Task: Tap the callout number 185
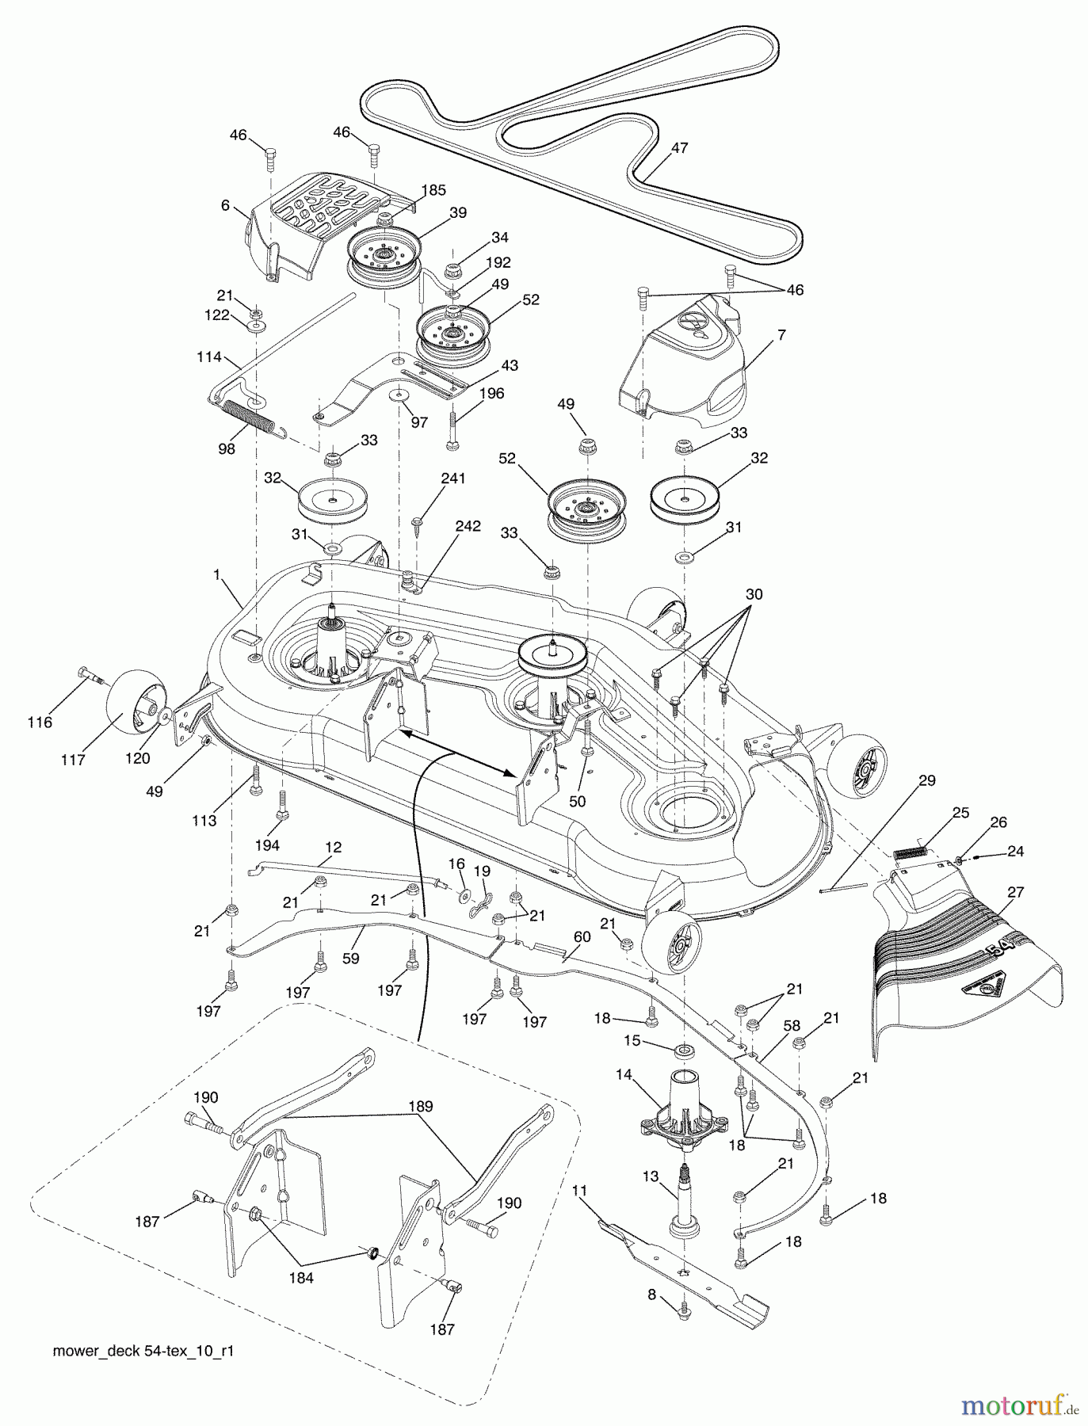point(434,190)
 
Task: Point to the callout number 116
point(40,722)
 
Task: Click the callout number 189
point(422,1107)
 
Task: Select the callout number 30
point(754,594)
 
